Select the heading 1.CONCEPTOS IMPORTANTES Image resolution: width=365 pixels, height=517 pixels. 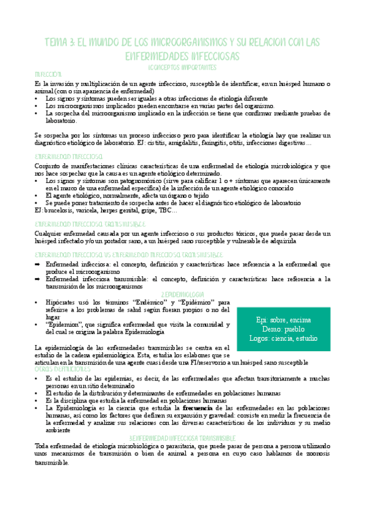182,66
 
